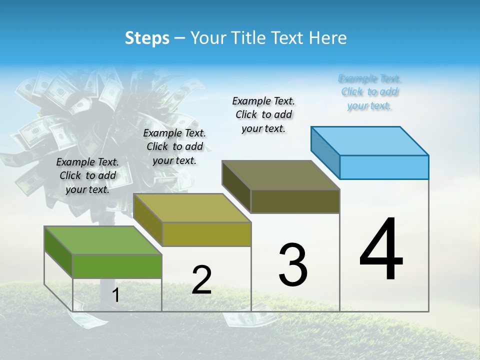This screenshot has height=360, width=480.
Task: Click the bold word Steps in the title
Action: point(147,38)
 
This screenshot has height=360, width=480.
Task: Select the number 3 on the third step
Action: point(293,264)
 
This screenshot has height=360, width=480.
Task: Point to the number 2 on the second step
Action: point(201,280)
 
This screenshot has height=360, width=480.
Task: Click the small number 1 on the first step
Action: point(116,295)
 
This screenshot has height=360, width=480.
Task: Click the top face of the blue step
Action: point(370,140)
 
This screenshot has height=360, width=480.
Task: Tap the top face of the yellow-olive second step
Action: point(192,207)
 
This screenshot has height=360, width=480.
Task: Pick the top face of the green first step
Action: point(103,240)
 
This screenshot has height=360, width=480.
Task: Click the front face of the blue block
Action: point(384,167)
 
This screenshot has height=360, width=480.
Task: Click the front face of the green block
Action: point(117,266)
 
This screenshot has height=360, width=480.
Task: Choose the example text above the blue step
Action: point(370,92)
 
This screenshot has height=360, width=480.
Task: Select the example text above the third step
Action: point(263,114)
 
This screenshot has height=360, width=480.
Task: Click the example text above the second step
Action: point(174,146)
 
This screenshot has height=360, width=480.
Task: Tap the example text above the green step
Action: point(87,175)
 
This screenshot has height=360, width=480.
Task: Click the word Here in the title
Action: point(329,38)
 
